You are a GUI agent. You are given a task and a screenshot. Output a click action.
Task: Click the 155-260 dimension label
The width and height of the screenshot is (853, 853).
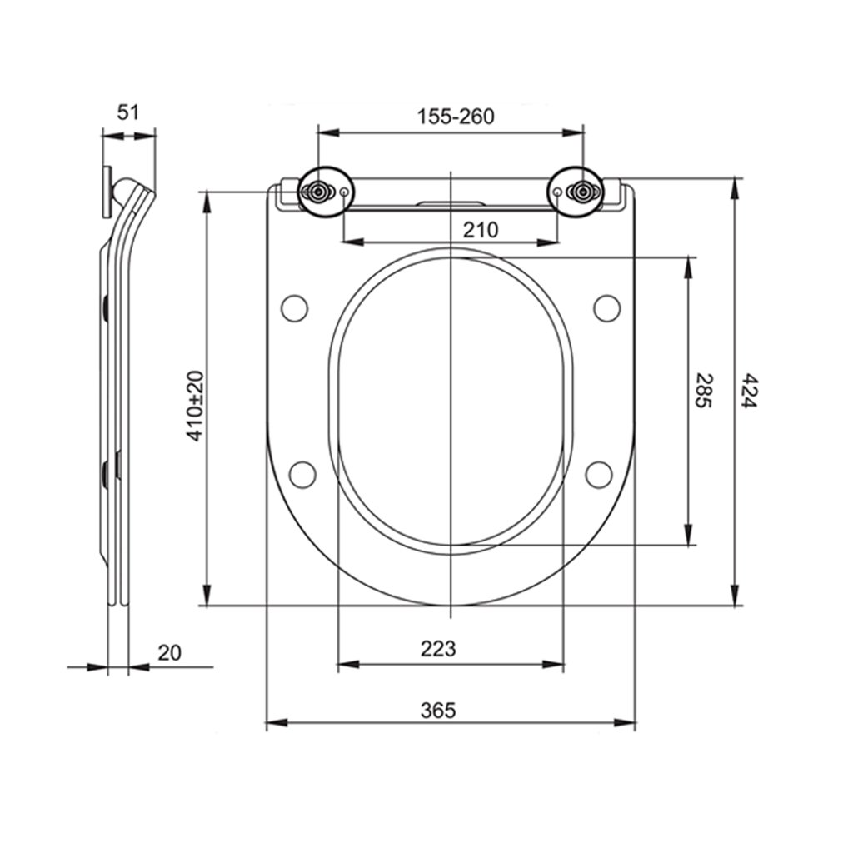tap(456, 117)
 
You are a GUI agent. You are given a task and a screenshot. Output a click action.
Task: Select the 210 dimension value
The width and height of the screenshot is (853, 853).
tap(481, 230)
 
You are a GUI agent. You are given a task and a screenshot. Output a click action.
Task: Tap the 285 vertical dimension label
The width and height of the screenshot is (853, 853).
tap(703, 390)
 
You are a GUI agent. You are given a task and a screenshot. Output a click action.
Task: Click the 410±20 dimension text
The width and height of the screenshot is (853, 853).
tap(195, 406)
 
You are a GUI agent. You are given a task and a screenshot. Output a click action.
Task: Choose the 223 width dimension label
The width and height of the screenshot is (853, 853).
tap(438, 648)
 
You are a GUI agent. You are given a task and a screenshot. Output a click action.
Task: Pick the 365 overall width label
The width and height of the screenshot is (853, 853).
tap(438, 710)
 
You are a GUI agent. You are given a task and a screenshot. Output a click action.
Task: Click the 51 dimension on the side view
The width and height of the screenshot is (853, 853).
tap(128, 112)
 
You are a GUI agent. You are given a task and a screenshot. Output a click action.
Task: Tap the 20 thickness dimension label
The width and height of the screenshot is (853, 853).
tap(169, 652)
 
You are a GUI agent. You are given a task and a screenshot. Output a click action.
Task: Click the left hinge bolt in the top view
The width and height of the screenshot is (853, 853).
tap(317, 191)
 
